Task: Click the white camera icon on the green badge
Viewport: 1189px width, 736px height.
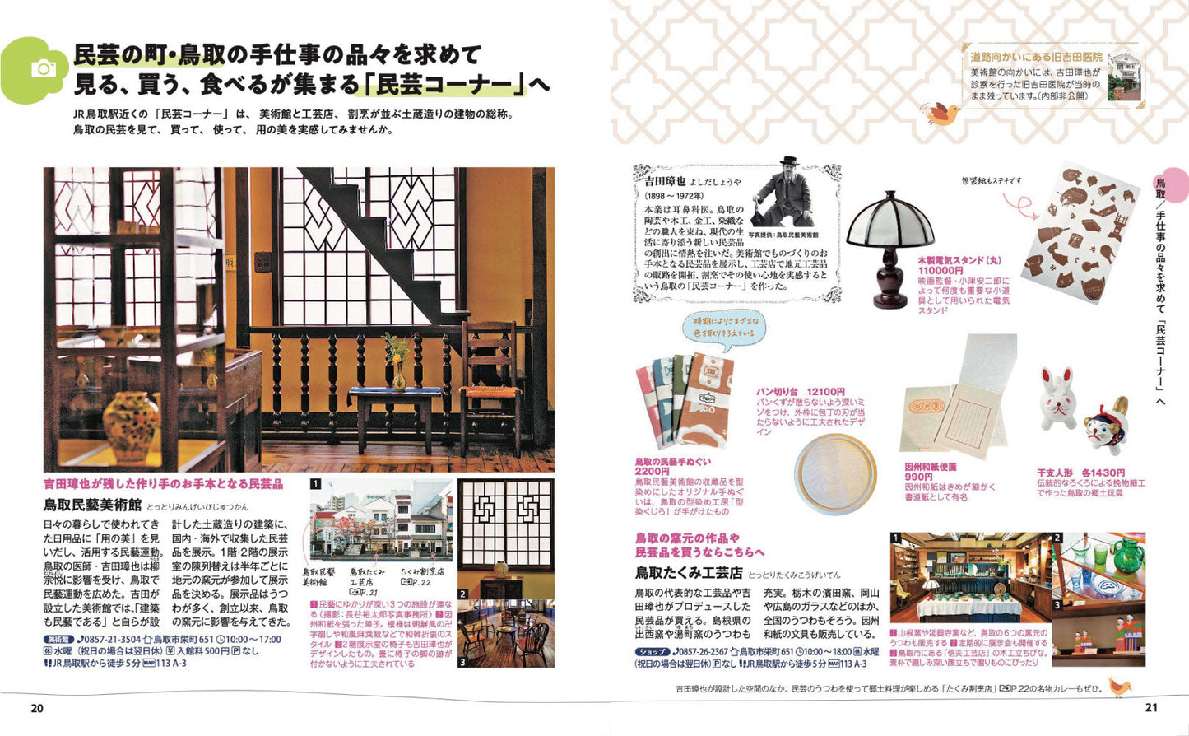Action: tap(43, 69)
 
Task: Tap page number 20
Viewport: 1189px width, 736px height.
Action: tap(37, 708)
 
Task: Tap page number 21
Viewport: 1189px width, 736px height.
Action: tap(1151, 707)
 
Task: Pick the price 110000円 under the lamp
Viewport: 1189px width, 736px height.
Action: tap(941, 270)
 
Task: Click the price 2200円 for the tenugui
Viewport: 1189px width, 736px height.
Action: tap(653, 472)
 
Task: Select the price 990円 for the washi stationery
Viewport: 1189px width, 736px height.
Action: tap(918, 477)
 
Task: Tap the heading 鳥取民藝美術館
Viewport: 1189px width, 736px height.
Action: tap(92, 505)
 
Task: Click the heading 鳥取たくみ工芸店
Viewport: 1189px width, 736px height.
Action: tap(688, 572)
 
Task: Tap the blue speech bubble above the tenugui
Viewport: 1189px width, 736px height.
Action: tap(723, 326)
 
